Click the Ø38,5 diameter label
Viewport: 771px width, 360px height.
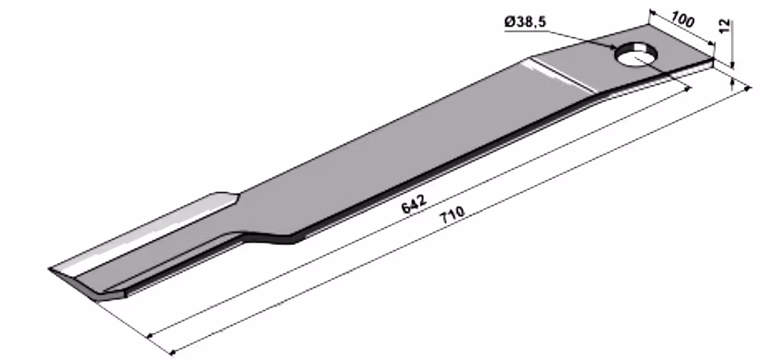click(525, 22)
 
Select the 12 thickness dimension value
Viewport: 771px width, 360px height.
click(725, 26)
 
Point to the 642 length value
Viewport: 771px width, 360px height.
click(413, 204)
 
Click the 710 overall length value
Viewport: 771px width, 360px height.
click(452, 215)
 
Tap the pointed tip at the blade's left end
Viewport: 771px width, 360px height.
click(50, 268)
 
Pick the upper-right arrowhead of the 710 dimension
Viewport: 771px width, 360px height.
click(748, 89)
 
